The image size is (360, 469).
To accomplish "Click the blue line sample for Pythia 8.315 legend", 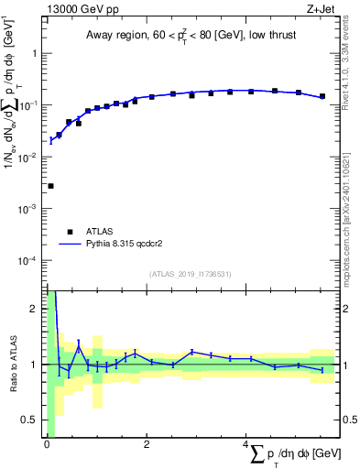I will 70,245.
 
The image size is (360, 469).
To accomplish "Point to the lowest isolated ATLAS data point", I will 50,186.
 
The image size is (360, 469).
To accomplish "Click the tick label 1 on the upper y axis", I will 35,53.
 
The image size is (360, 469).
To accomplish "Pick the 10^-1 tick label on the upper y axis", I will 29,104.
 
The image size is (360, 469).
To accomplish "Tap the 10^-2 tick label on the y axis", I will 29,157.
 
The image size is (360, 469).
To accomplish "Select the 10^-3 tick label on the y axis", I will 29,209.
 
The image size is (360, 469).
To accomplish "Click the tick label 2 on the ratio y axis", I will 35,309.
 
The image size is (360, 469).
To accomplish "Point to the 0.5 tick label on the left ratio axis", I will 31,420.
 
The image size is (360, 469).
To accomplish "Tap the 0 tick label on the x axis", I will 47,446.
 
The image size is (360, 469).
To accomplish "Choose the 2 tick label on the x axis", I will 147,446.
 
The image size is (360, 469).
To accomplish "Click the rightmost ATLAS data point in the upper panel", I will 322,96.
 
